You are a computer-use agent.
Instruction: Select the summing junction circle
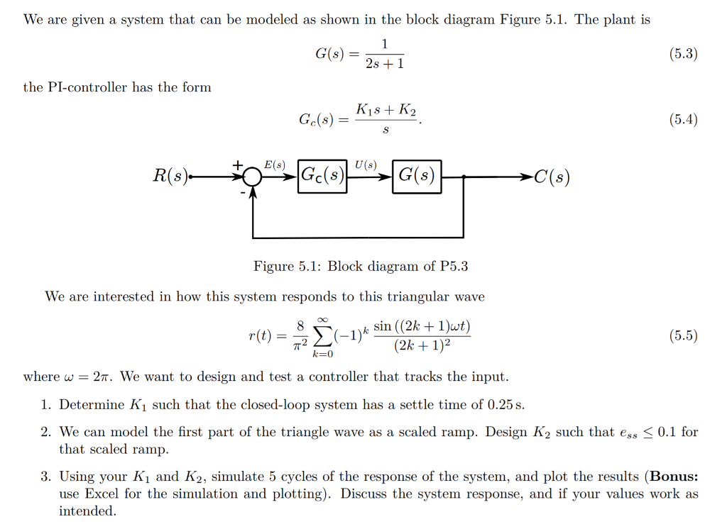pos(253,177)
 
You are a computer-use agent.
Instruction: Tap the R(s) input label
pos(170,176)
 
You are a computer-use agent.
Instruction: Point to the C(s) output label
pos(552,177)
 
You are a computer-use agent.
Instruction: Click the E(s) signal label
pos(275,165)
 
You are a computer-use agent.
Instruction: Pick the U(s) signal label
pos(366,165)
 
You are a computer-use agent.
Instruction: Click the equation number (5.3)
pos(684,54)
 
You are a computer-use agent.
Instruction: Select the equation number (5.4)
pos(684,120)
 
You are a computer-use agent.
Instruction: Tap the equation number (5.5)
pos(684,335)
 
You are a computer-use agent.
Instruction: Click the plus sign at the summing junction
pos(238,165)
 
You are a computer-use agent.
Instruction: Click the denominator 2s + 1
pos(385,64)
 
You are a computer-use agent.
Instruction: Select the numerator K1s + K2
pos(386,110)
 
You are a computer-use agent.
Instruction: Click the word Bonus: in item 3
pos(674,477)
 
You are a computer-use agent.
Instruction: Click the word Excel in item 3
pos(102,494)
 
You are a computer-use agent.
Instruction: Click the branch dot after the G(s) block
pos(463,177)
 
